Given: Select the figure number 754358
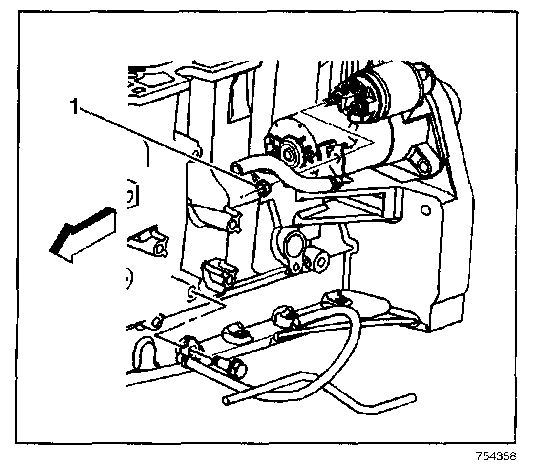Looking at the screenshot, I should (496, 457).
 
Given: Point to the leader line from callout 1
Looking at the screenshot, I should (166, 146).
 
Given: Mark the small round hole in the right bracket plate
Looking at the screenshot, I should (425, 210).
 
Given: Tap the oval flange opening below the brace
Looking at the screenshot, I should (293, 243).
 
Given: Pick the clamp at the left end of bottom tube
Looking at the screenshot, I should (186, 352).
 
